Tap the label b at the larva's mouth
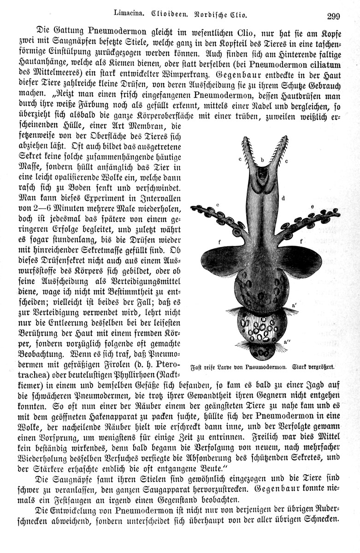click(262, 160)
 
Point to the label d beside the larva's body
click(283, 198)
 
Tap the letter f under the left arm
click(221, 241)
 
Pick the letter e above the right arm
click(312, 207)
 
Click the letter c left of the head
click(240, 159)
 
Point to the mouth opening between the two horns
click(262, 175)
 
